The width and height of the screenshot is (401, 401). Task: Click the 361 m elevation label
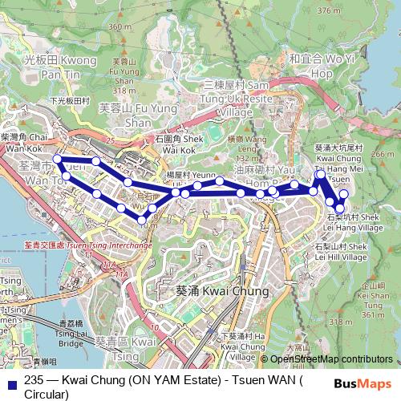[376, 314]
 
